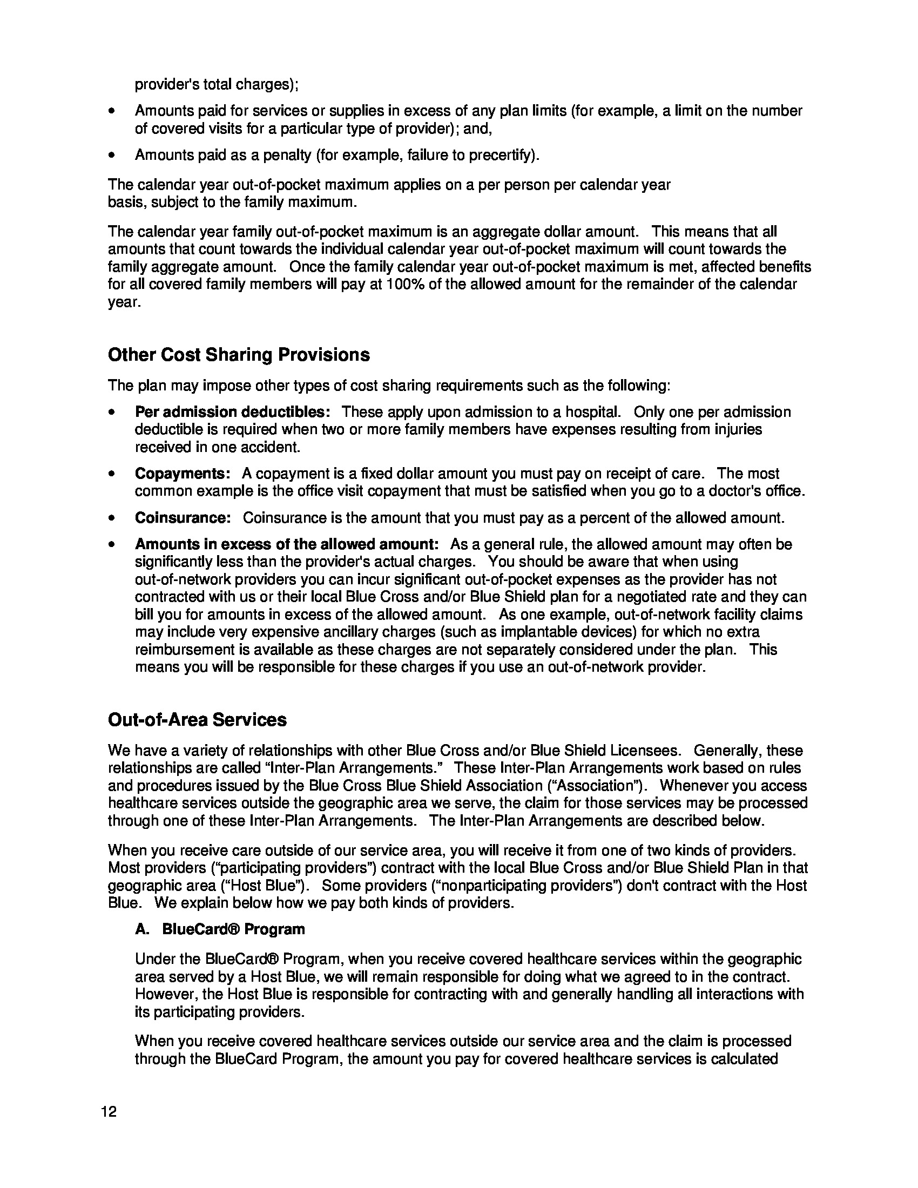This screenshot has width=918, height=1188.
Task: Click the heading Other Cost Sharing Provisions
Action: [x=239, y=355]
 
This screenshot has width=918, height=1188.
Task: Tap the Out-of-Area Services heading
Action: [x=197, y=720]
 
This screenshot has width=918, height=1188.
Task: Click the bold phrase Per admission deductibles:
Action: [x=233, y=412]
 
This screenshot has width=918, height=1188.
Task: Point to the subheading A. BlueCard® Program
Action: [x=220, y=929]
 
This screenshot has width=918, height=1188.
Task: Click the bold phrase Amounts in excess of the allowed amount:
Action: [x=287, y=544]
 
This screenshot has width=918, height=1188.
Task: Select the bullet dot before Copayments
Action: [x=111, y=474]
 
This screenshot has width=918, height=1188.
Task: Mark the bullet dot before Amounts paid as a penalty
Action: [x=111, y=156]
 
